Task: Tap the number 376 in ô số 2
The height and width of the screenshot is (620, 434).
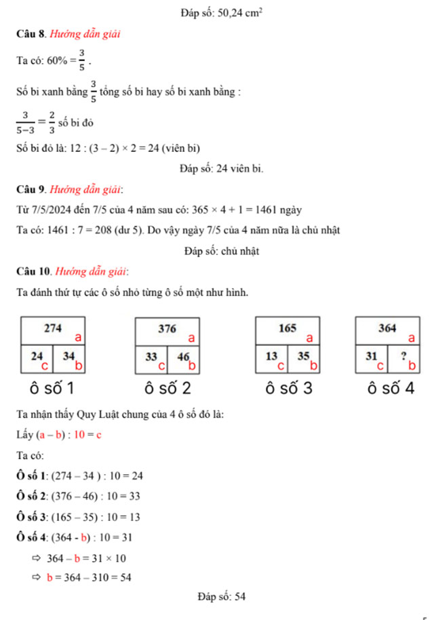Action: (x=167, y=328)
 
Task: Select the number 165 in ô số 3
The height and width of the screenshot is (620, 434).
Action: (x=288, y=328)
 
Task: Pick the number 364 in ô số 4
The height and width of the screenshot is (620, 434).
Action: (x=387, y=328)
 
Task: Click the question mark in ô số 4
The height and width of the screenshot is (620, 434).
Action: (x=403, y=355)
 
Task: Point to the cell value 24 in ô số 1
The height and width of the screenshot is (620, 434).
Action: (x=37, y=355)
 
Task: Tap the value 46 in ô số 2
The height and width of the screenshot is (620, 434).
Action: (x=183, y=355)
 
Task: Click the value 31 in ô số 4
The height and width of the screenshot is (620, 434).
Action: (x=371, y=355)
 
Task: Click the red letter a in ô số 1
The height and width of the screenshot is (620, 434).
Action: (x=78, y=336)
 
